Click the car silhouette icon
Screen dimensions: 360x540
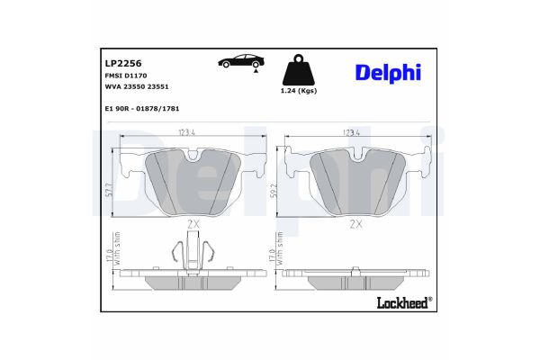(x=240, y=61)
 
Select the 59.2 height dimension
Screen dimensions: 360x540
(x=273, y=190)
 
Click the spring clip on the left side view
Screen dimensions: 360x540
(x=191, y=251)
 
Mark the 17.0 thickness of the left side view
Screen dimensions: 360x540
(x=107, y=258)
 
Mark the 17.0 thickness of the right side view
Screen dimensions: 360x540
(x=273, y=258)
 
